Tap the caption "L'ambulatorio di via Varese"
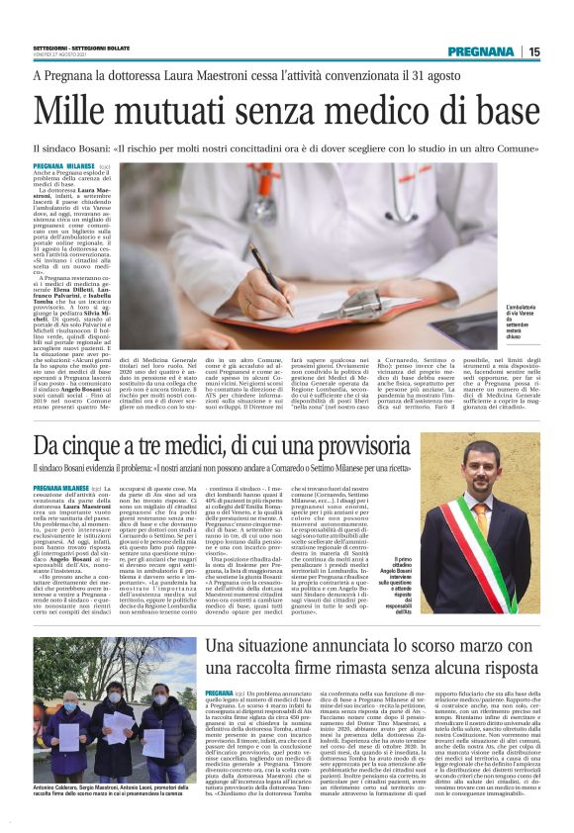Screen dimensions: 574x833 (x=524, y=315)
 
